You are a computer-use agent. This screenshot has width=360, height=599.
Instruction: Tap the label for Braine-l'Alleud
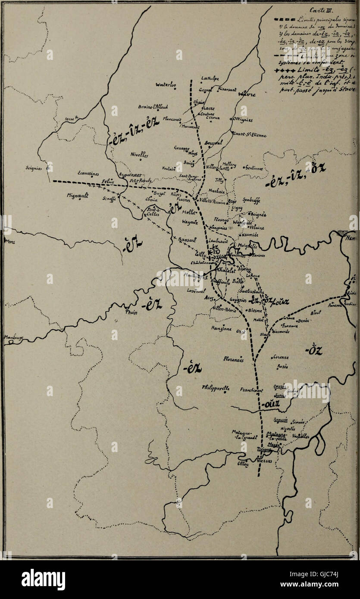(153, 107)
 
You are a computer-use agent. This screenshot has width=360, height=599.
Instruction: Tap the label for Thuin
(131, 313)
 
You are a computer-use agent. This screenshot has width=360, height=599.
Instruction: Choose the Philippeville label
(216, 388)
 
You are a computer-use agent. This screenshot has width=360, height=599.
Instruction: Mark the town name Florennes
(233, 359)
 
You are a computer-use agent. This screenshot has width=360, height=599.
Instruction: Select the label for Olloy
(243, 464)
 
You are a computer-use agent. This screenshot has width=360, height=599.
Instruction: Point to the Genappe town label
(182, 148)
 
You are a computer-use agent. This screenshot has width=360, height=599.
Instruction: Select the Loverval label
(196, 291)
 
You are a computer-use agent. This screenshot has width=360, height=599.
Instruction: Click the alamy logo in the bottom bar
(43, 580)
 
